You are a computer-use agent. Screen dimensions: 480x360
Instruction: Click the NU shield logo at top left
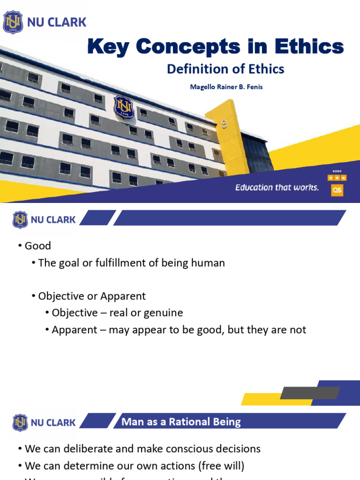(x=13, y=22)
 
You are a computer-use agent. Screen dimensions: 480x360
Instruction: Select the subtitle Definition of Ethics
(x=225, y=69)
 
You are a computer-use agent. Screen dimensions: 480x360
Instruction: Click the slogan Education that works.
(x=277, y=187)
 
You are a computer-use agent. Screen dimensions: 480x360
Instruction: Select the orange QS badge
(x=337, y=189)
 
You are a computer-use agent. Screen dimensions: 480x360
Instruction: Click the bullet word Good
(x=37, y=246)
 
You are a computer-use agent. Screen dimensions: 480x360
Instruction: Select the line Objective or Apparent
(x=92, y=296)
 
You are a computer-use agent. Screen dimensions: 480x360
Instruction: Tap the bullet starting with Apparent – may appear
(x=179, y=330)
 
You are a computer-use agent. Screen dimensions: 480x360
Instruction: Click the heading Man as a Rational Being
(x=181, y=422)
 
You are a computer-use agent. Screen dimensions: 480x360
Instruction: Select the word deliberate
(x=89, y=449)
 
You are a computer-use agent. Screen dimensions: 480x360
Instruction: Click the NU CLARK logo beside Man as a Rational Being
(x=45, y=422)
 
